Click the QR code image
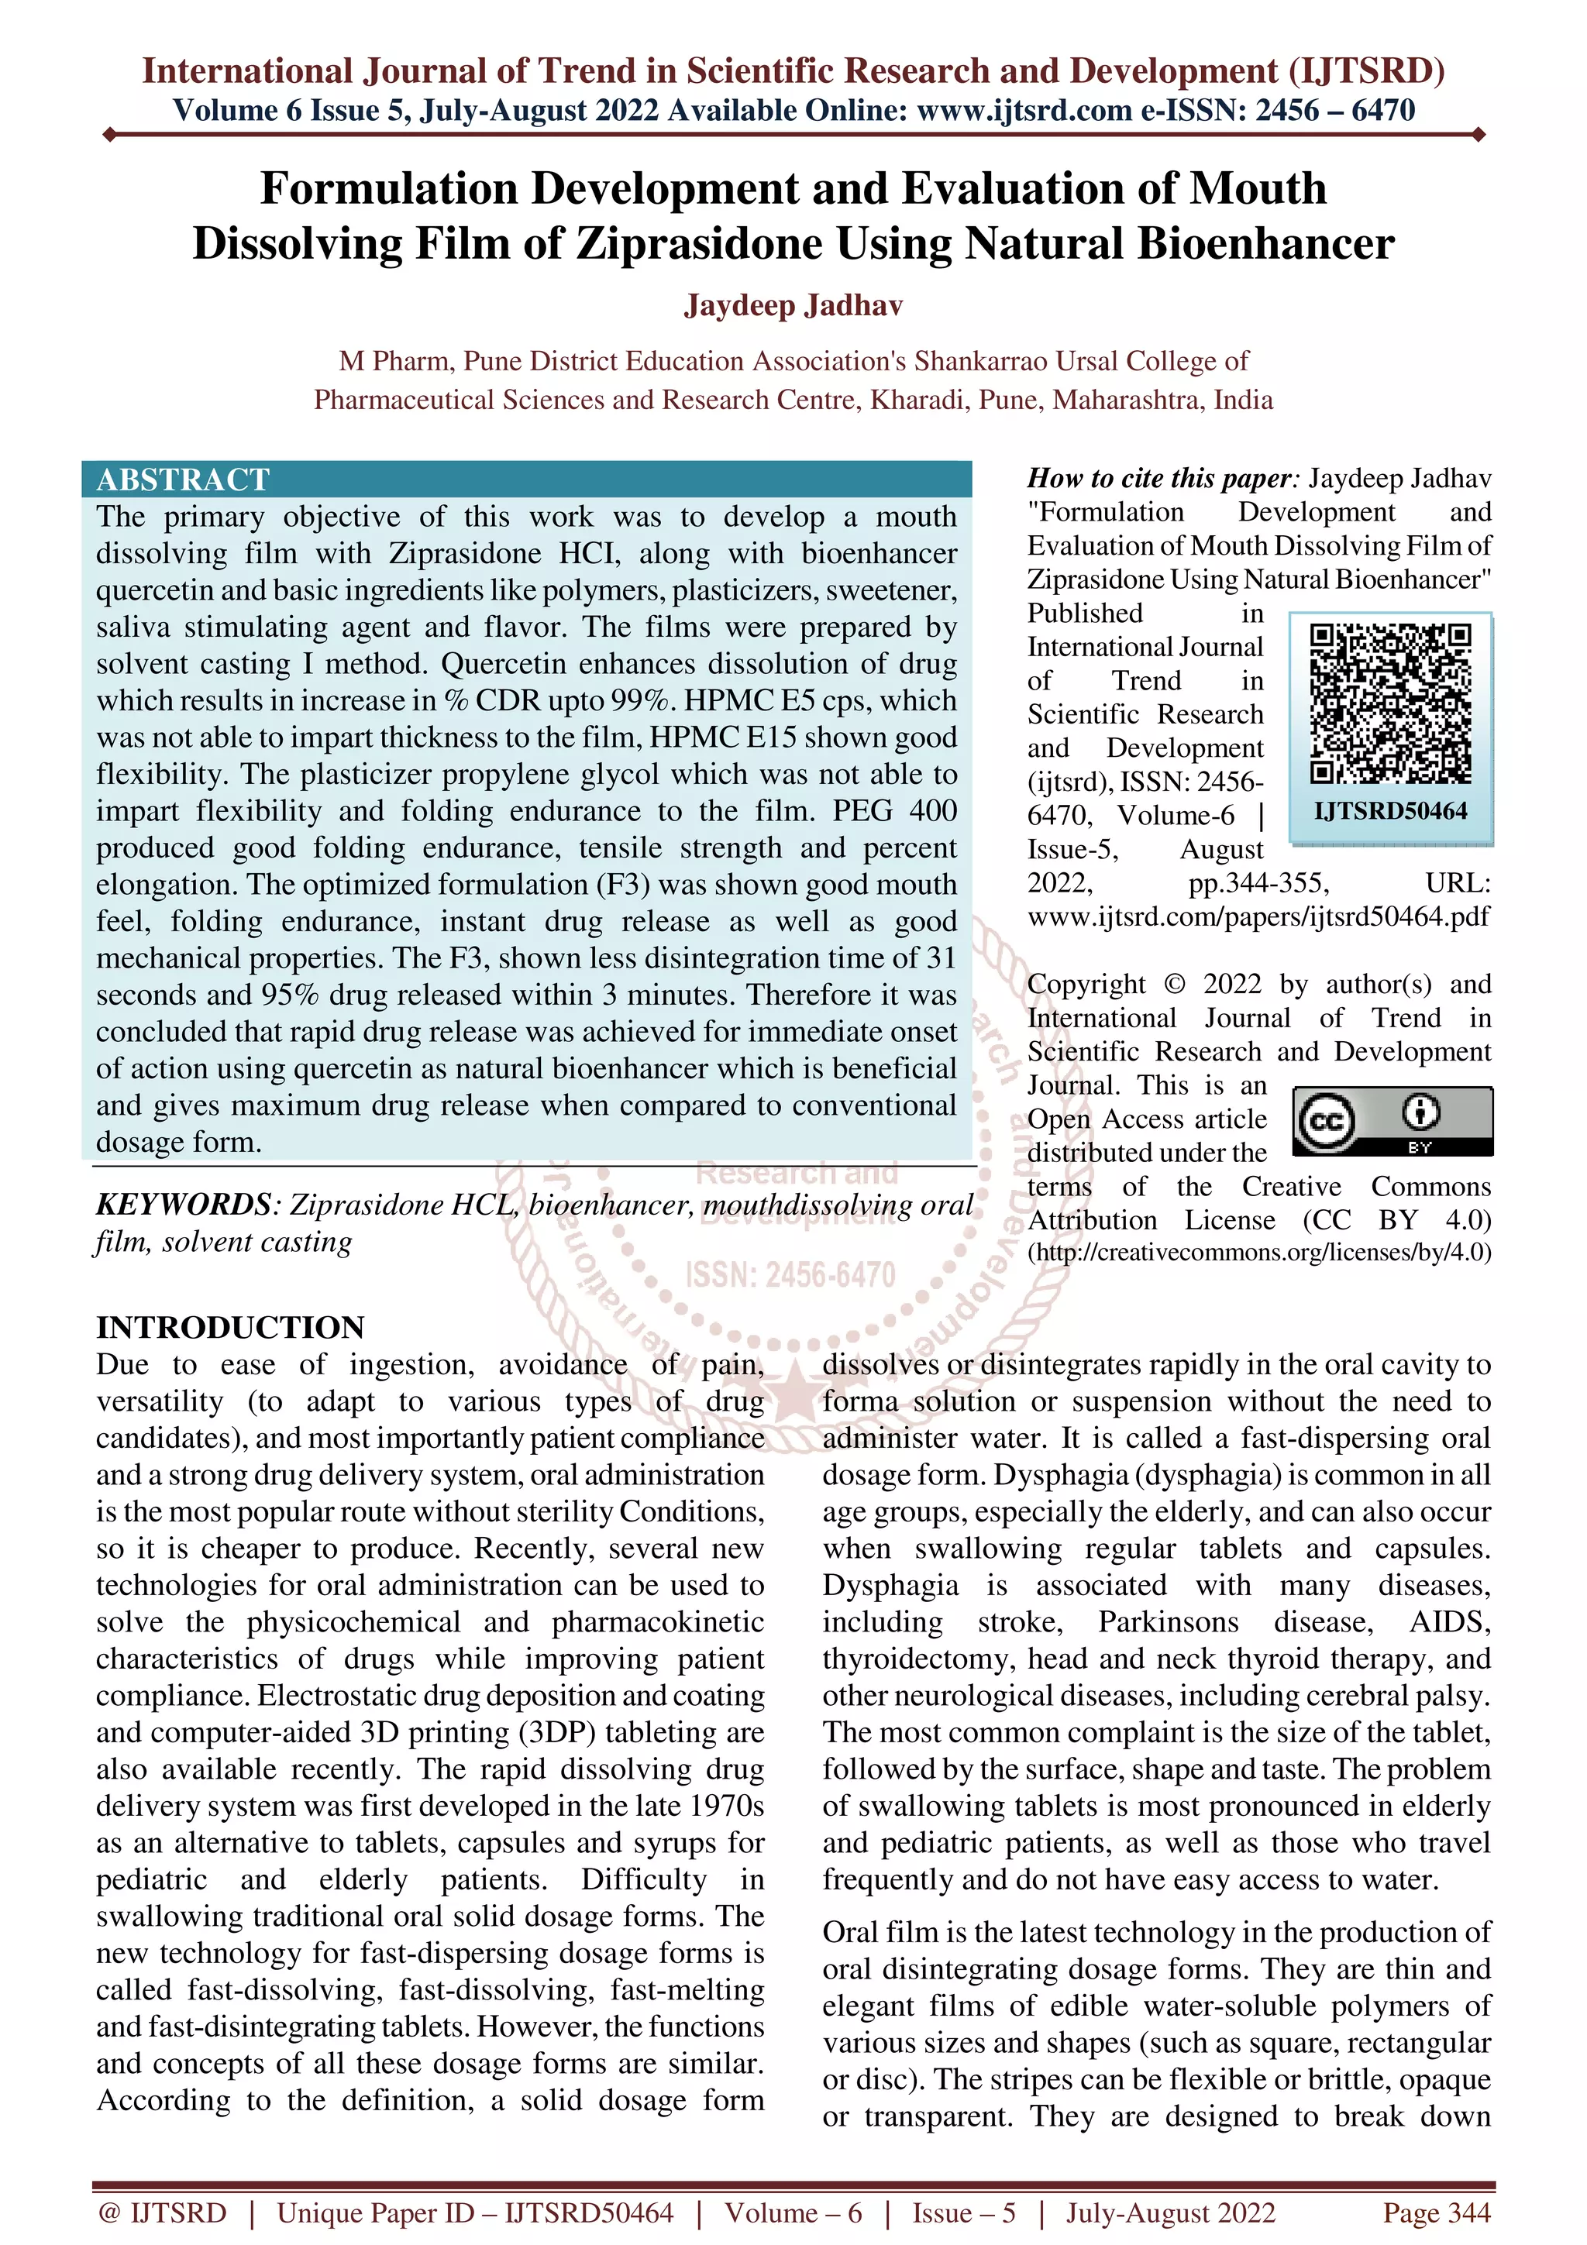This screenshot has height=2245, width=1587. [1389, 704]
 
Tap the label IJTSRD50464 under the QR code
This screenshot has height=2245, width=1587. [1389, 810]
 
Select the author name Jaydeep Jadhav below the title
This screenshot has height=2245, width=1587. [793, 306]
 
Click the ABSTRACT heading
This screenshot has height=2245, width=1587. [183, 479]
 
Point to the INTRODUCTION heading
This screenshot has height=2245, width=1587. [230, 1327]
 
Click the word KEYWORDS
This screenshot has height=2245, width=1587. [183, 1205]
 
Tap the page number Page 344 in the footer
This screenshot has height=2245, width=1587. [1435, 2212]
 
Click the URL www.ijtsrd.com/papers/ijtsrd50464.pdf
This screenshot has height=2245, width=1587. [1258, 917]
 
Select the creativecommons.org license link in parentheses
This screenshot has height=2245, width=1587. [1259, 1253]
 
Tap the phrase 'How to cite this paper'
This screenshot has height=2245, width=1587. [1160, 478]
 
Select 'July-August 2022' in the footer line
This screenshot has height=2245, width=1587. [1169, 2212]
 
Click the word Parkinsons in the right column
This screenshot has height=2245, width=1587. [1168, 1622]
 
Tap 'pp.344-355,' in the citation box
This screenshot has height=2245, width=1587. [1258, 884]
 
